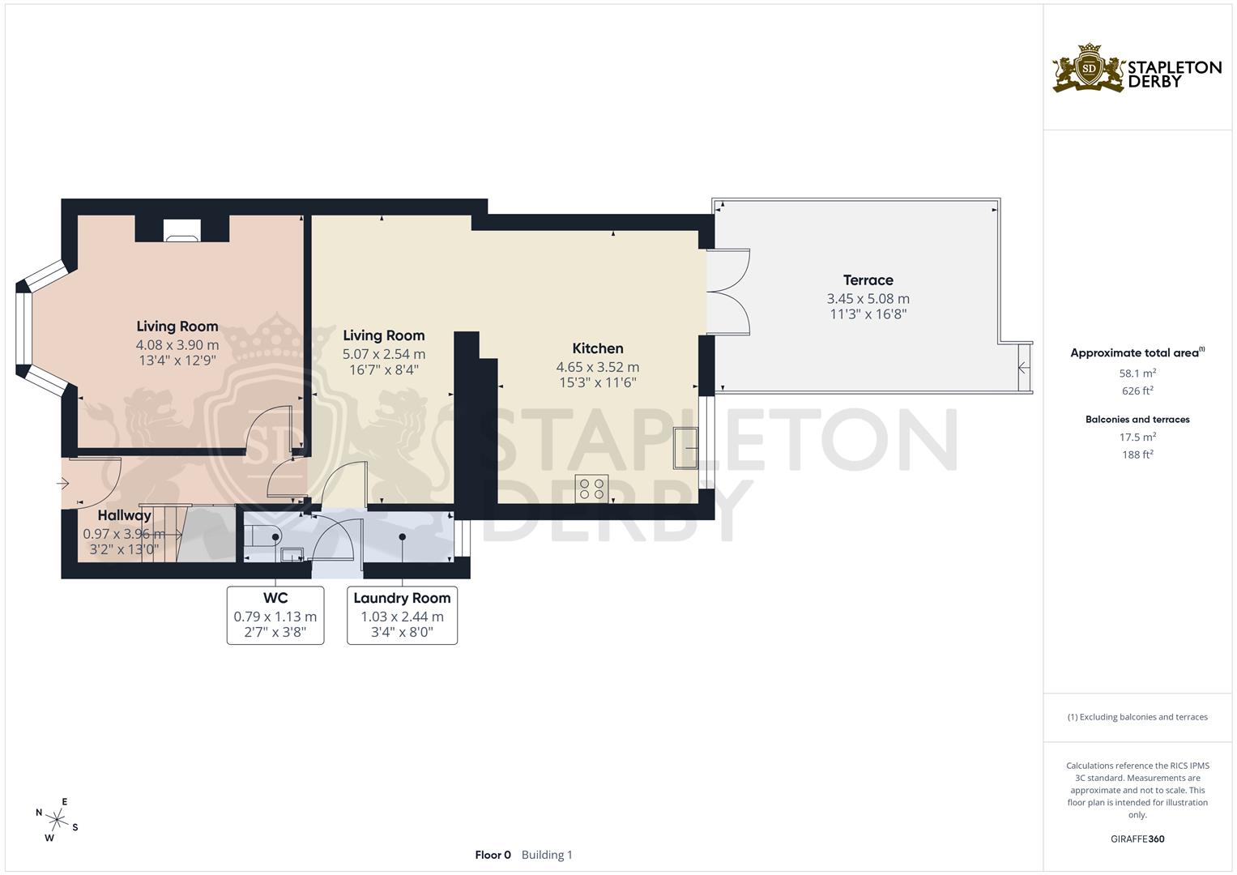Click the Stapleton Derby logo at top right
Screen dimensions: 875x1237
tap(1137, 68)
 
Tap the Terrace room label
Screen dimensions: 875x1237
tap(868, 280)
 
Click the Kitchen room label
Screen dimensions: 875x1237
tap(597, 348)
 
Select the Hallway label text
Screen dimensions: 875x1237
tap(125, 515)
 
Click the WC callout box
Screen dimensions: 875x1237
tap(275, 615)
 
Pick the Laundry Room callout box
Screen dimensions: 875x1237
tap(402, 615)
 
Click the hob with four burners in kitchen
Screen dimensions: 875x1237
tap(591, 489)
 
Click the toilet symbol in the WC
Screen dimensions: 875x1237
tap(263, 535)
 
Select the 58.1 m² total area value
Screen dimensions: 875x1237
tap(1137, 373)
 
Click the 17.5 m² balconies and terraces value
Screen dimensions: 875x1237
tap(1137, 437)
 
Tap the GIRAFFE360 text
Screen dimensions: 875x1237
tap(1137, 839)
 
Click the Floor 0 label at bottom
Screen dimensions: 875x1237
tap(493, 855)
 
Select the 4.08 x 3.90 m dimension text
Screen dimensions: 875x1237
tap(177, 344)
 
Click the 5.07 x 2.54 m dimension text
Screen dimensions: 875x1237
tap(384, 354)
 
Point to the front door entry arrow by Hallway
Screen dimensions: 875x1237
tap(63, 484)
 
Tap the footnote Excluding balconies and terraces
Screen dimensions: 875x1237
tap(1137, 717)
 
